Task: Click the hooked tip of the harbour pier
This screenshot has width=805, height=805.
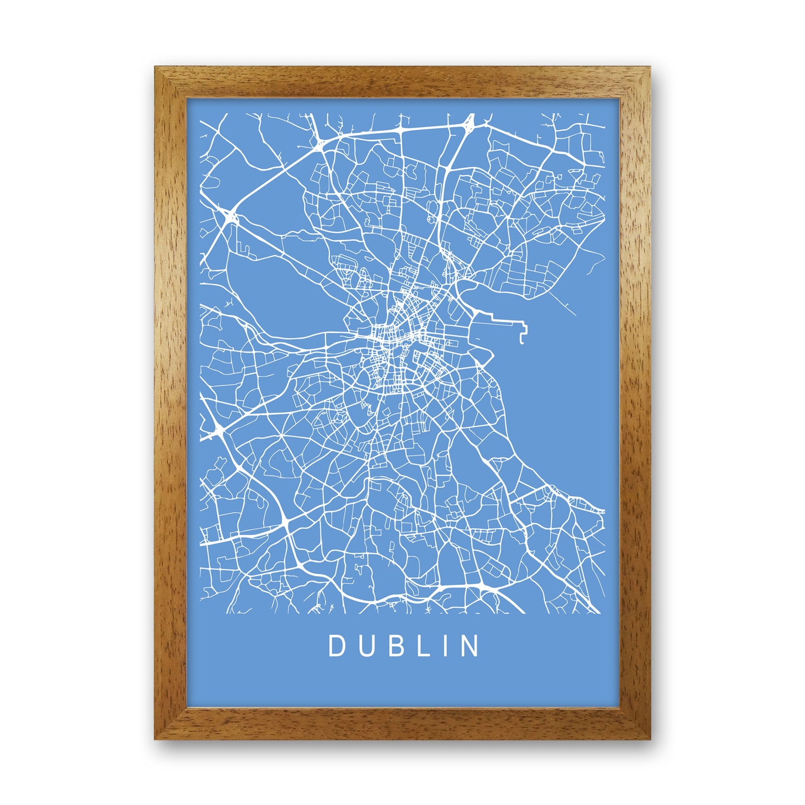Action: pos(521,338)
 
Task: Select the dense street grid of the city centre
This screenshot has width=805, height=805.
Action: pos(398,334)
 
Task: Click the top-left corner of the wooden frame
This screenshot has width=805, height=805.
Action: pos(157,69)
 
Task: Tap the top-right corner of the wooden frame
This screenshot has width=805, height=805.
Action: pos(648,69)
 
